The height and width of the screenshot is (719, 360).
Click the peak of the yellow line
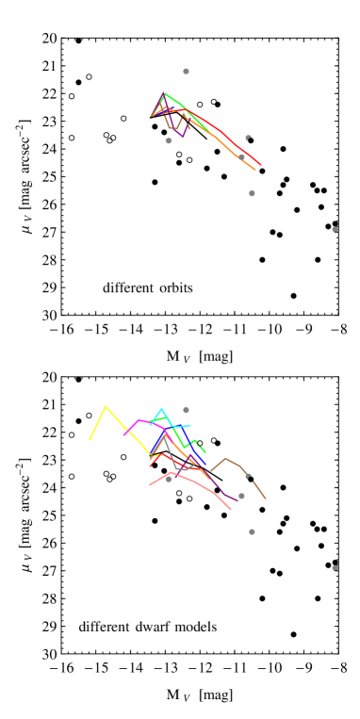(106, 406)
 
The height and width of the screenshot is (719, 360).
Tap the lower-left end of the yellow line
(90, 439)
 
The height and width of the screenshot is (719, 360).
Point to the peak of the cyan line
(162, 409)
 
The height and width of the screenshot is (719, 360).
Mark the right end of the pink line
(231, 510)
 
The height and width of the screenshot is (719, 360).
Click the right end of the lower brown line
(265, 498)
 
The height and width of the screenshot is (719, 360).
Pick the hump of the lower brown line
(225, 459)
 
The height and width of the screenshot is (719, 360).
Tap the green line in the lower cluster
(179, 435)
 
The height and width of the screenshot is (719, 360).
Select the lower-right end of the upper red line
(260, 166)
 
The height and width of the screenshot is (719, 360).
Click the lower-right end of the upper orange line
(254, 170)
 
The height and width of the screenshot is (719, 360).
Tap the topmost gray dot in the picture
(186, 72)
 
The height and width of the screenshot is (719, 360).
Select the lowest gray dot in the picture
(335, 568)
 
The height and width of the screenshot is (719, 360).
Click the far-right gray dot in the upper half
(335, 229)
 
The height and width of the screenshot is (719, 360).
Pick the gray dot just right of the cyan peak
(186, 410)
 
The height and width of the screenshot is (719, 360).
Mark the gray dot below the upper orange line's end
(252, 193)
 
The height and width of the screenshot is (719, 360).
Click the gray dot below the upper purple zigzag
(169, 140)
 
